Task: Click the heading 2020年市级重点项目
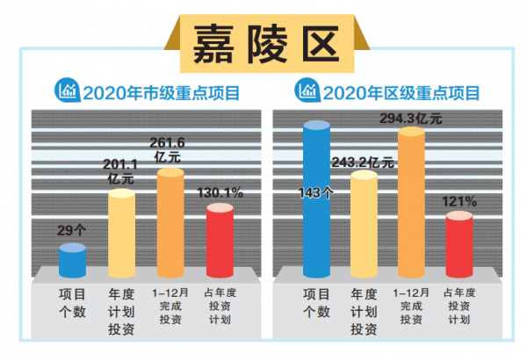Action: [162, 90]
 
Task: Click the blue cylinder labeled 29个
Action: [72, 260]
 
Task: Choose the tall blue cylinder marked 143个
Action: [316, 198]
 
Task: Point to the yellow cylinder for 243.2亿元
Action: [364, 224]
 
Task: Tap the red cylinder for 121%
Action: [460, 242]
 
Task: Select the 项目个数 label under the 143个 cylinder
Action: [316, 303]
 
